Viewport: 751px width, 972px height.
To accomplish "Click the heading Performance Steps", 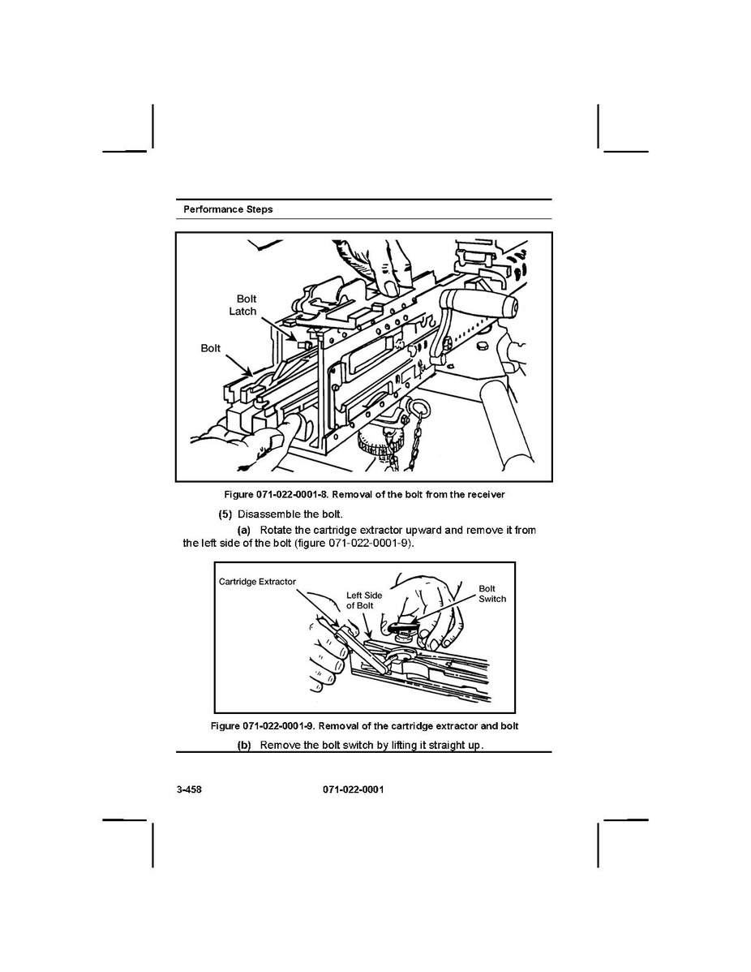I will point(228,209).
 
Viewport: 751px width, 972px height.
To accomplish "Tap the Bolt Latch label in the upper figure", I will point(242,305).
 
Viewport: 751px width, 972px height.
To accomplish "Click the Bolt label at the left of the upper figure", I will point(210,348).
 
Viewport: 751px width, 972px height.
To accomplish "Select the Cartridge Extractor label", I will point(257,582).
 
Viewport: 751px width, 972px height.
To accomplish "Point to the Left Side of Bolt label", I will point(364,600).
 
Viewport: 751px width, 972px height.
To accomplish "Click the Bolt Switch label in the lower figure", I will point(491,594).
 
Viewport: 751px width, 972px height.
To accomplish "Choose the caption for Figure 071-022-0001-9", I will point(364,725).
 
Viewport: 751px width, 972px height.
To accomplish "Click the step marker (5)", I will point(225,514).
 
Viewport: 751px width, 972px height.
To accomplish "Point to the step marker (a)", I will point(244,530).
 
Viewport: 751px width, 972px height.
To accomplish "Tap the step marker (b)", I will point(244,745).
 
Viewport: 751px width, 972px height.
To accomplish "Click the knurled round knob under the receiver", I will point(375,445).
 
